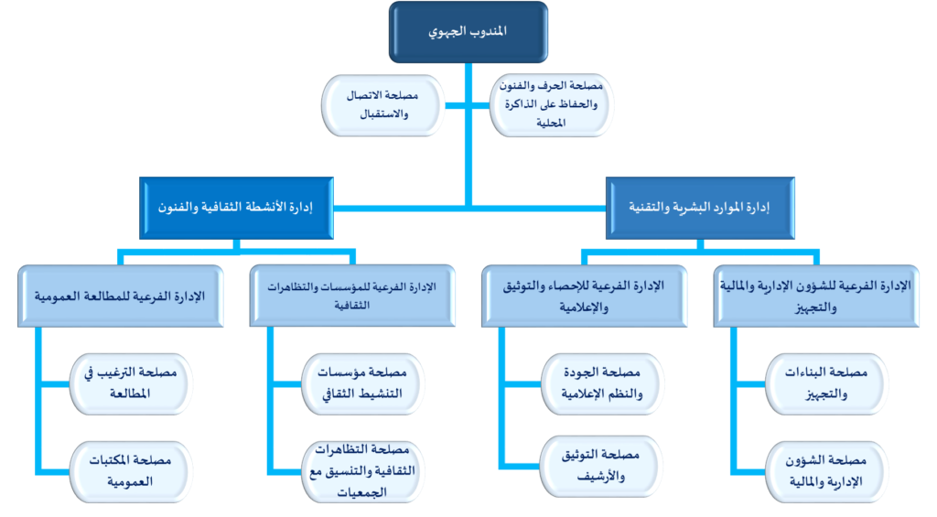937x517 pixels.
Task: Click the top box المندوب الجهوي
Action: click(x=468, y=32)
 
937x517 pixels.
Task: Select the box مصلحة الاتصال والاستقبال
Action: click(x=384, y=106)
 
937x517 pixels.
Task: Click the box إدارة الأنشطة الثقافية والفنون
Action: click(x=234, y=208)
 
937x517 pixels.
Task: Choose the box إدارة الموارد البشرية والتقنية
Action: click(x=700, y=208)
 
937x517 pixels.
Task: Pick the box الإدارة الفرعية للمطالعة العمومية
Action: click(x=119, y=296)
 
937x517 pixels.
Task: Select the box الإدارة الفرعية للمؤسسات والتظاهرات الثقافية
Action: click(x=351, y=296)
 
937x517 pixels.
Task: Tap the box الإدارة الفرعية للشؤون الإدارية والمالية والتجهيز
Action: click(x=818, y=296)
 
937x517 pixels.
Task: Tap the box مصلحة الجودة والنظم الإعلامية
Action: click(x=599, y=383)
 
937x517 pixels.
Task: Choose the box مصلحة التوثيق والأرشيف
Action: click(x=599, y=465)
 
